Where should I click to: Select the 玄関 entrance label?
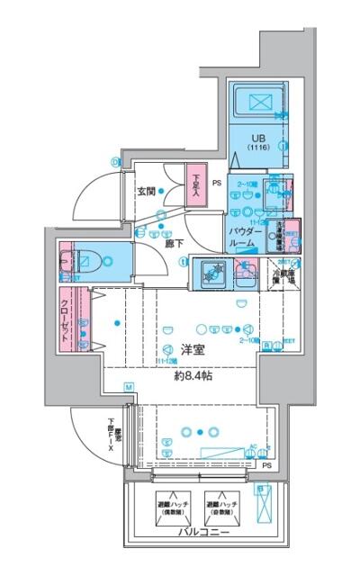(x=148, y=191)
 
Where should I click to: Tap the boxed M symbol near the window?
(x=129, y=387)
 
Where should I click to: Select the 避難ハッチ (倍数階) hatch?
(x=170, y=507)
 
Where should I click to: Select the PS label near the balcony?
(x=266, y=465)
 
